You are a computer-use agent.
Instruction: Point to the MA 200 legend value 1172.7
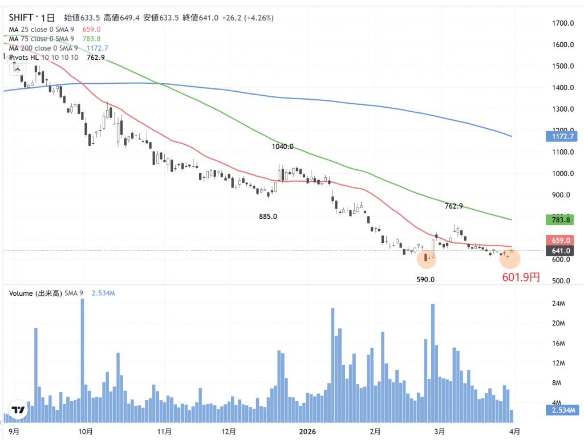coord(97,48)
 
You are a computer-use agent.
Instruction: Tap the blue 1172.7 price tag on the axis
coord(562,137)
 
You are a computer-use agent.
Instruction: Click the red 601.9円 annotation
coord(521,278)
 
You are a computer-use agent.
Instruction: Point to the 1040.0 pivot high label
coord(283,146)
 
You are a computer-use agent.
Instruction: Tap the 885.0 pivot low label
coord(267,217)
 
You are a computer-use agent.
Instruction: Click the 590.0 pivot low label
coord(425,280)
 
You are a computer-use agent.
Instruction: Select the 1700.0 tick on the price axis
coord(562,23)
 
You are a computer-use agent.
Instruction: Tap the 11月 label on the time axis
coord(164,431)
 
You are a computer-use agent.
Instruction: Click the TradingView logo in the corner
coord(18,410)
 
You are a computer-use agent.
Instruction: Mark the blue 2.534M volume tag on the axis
coord(562,410)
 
